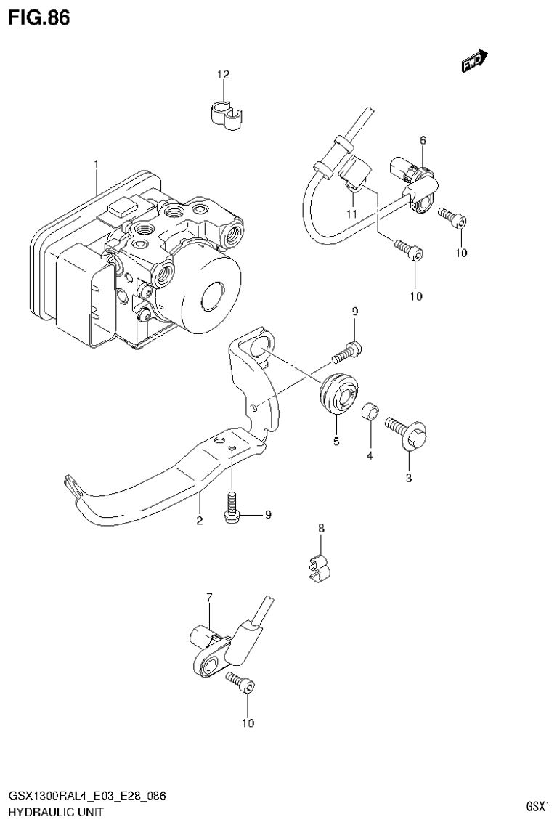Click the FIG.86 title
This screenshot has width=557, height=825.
(x=38, y=18)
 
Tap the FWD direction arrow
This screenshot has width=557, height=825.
(x=474, y=64)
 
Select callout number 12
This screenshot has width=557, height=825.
(x=223, y=75)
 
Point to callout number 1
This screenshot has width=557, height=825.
(x=95, y=166)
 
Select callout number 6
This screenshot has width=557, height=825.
(x=422, y=139)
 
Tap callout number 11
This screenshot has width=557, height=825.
(x=352, y=214)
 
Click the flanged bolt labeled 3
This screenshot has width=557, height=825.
(x=410, y=433)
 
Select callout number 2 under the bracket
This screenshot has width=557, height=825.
(x=198, y=520)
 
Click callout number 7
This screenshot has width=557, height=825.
(x=208, y=598)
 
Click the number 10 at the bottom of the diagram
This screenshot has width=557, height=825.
(x=247, y=723)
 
